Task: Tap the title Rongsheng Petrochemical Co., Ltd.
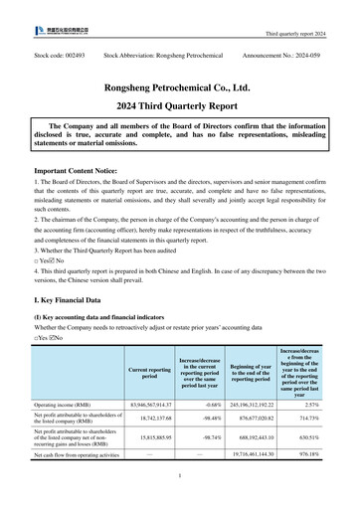click(x=180, y=87)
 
